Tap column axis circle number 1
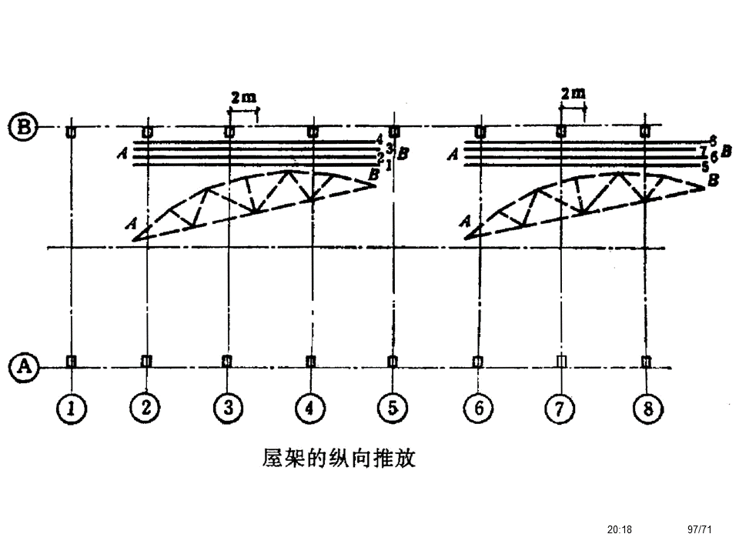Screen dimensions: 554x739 click(x=71, y=409)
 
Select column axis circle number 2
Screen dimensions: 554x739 click(x=145, y=409)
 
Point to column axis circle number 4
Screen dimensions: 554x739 click(x=310, y=409)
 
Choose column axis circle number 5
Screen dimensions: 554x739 click(x=393, y=409)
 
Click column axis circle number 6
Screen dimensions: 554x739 click(x=479, y=409)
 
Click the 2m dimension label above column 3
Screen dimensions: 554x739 click(x=243, y=97)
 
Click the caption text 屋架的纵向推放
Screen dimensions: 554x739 click(x=339, y=459)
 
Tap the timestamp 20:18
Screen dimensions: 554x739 click(x=619, y=529)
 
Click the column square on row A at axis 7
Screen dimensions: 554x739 click(x=561, y=361)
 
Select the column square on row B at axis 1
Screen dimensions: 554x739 click(x=71, y=132)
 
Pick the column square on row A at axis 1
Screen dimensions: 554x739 click(x=71, y=361)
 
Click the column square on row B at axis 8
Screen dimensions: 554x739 click(x=644, y=132)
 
